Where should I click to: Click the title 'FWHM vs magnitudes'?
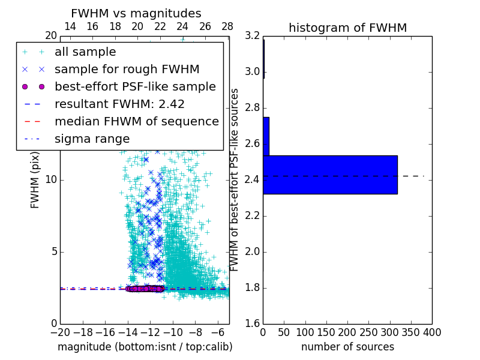[x=136, y=13]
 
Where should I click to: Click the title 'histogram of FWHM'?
[x=347, y=28]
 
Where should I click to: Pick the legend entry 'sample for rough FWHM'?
[x=127, y=69]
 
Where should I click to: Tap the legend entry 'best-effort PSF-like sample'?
[x=135, y=86]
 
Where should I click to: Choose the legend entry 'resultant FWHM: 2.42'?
[x=119, y=104]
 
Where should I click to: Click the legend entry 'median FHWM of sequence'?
[x=136, y=121]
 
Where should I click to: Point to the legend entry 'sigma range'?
[x=92, y=139]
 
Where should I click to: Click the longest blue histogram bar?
[x=330, y=175]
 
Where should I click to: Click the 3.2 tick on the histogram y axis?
[x=252, y=36]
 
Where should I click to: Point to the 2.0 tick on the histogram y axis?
[x=252, y=251]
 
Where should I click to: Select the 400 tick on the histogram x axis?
[x=432, y=332]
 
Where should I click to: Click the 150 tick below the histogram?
[x=326, y=332]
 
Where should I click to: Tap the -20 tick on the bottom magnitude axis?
[x=60, y=332]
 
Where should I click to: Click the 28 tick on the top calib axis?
[x=227, y=26]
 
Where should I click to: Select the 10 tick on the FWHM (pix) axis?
[x=51, y=180]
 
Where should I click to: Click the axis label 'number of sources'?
[x=347, y=347]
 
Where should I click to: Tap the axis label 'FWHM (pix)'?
[x=35, y=180]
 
